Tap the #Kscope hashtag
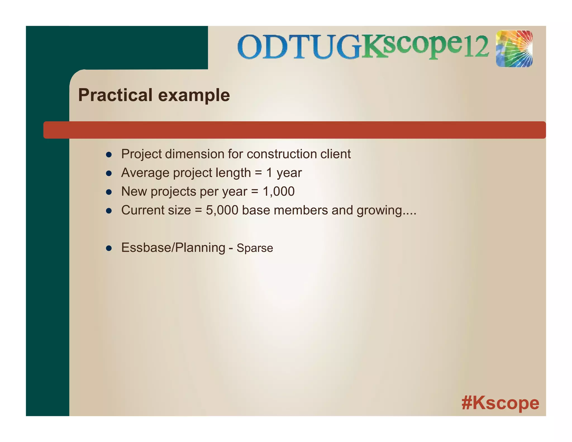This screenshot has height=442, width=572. pyautogui.click(x=500, y=403)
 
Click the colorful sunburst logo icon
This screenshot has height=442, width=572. pyautogui.click(x=514, y=49)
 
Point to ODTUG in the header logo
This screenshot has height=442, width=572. pyautogui.click(x=299, y=47)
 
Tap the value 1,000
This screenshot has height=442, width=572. pyautogui.click(x=278, y=191)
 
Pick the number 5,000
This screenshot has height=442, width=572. pyautogui.click(x=222, y=210)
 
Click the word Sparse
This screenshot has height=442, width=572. pyautogui.click(x=255, y=248)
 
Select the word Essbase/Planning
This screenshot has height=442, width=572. pyautogui.click(x=173, y=248)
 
